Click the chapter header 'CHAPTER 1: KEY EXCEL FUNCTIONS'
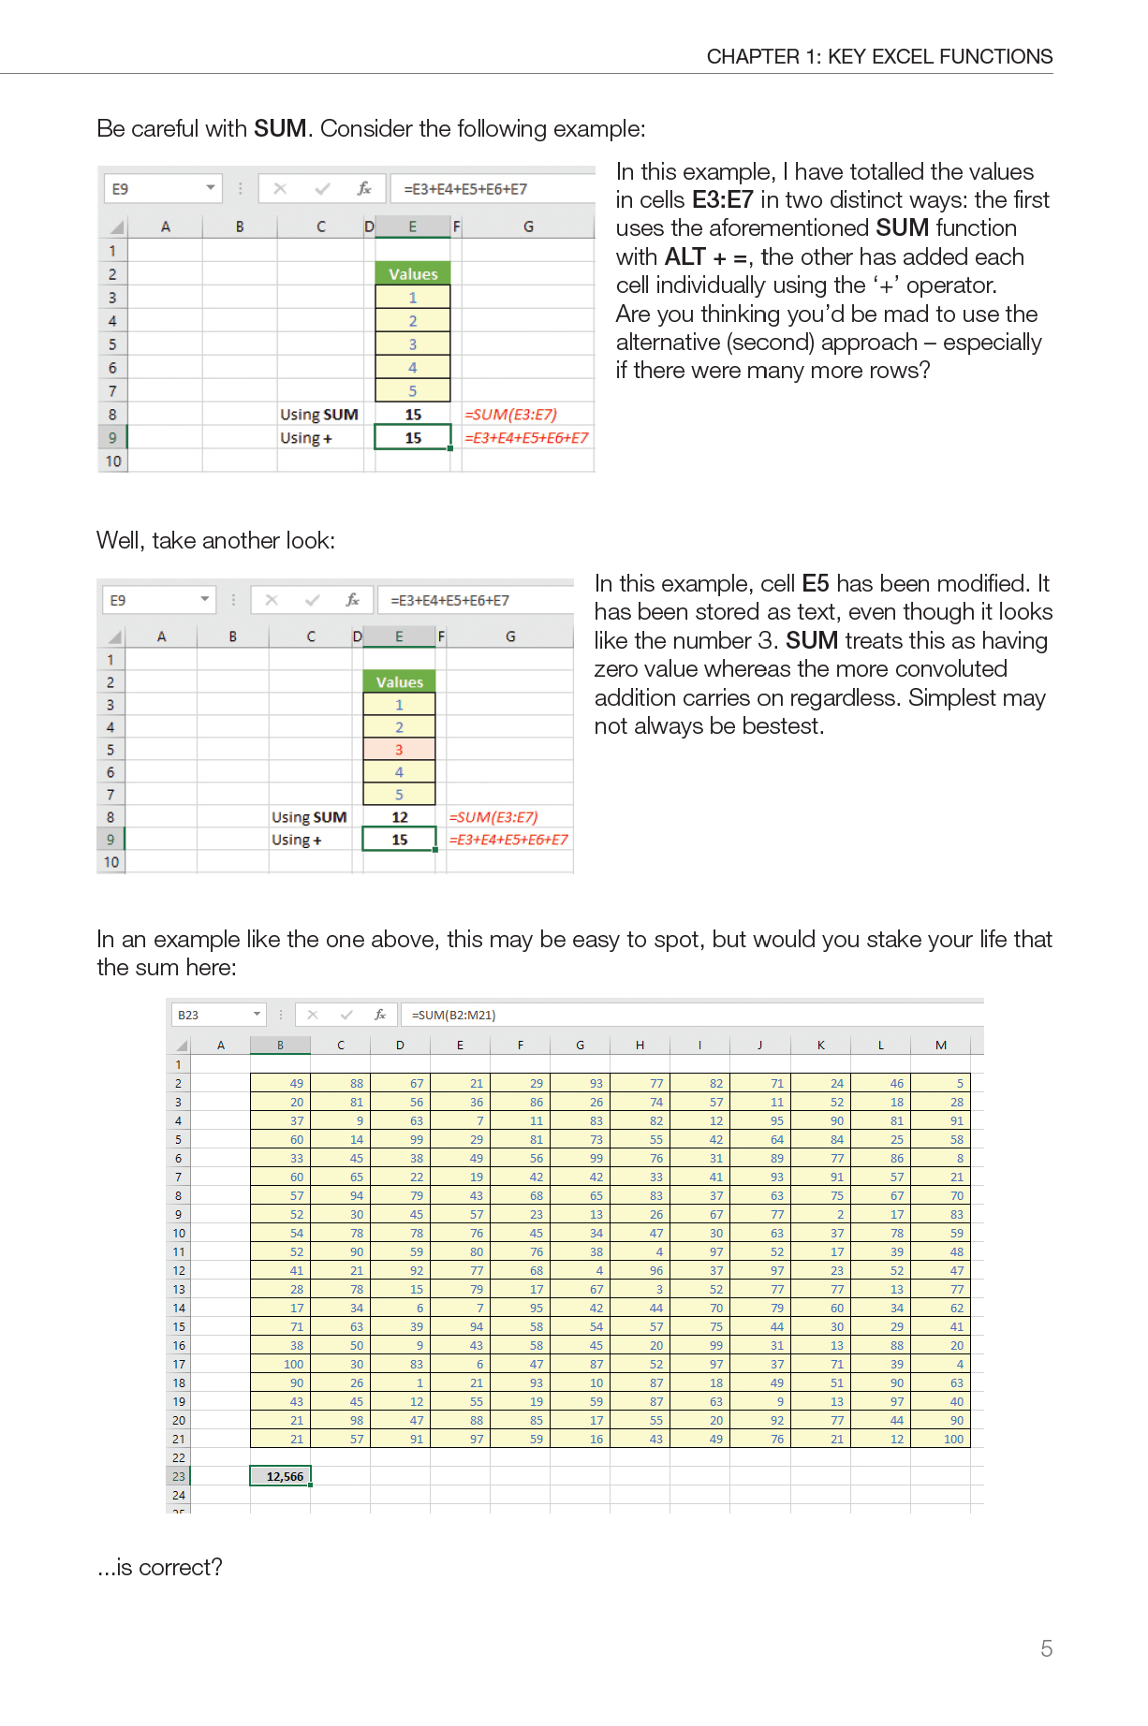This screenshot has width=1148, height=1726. click(879, 57)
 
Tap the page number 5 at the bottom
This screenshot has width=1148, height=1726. click(1046, 1648)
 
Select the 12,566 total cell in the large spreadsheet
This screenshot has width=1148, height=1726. click(281, 1476)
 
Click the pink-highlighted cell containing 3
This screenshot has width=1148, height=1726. click(399, 750)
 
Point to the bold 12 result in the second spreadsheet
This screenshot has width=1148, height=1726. click(400, 817)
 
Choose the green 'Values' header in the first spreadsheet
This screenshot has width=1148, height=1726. click(413, 274)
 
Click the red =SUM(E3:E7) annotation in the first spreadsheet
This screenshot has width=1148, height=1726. click(511, 415)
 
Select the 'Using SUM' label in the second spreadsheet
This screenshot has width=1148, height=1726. click(309, 817)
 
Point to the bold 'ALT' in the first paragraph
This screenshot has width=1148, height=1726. click(684, 257)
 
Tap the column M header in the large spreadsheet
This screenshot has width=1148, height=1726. click(940, 1046)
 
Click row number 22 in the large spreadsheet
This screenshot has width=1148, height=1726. click(179, 1457)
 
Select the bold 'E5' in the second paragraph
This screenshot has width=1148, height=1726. click(816, 584)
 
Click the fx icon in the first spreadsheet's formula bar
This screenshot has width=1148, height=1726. click(364, 189)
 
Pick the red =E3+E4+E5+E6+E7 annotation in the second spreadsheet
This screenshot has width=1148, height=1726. click(508, 840)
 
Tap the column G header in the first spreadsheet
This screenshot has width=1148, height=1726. click(528, 227)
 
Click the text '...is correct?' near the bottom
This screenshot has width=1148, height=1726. click(160, 1567)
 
